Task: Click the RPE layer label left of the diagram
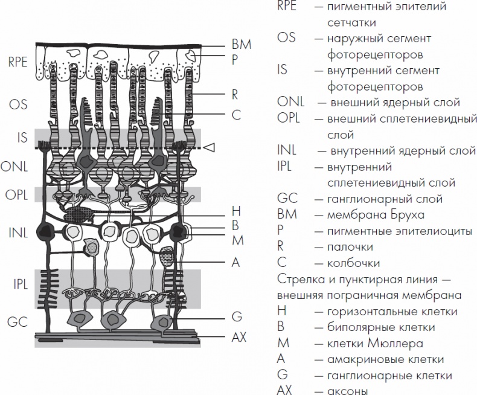pyautogui.click(x=18, y=62)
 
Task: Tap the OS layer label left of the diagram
pyautogui.click(x=18, y=104)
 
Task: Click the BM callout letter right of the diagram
pyautogui.click(x=241, y=45)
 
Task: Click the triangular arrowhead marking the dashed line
pyautogui.click(x=210, y=147)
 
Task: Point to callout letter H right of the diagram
pyautogui.click(x=236, y=211)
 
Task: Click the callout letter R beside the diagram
pyautogui.click(x=235, y=94)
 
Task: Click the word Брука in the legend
pyautogui.click(x=408, y=214)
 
